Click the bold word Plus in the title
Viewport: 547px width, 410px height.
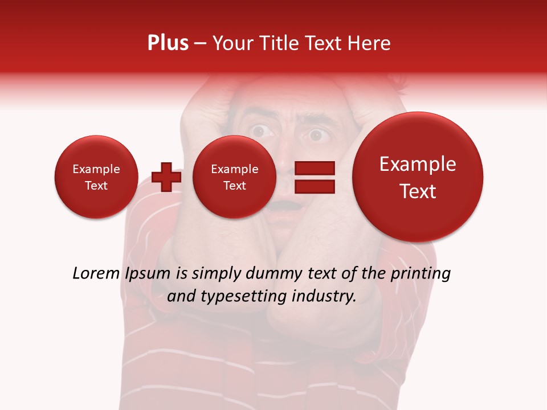click(168, 43)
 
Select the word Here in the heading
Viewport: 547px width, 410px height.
click(370, 43)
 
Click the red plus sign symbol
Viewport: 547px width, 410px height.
click(166, 177)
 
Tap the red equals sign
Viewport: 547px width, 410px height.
click(314, 177)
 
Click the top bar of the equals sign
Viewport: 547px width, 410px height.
click(314, 168)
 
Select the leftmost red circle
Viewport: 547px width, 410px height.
click(96, 177)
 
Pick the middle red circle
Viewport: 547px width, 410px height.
click(234, 177)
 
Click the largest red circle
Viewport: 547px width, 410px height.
click(418, 177)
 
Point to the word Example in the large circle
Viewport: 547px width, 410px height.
click(418, 164)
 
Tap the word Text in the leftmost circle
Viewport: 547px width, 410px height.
click(96, 186)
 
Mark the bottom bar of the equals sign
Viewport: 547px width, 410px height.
click(314, 186)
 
